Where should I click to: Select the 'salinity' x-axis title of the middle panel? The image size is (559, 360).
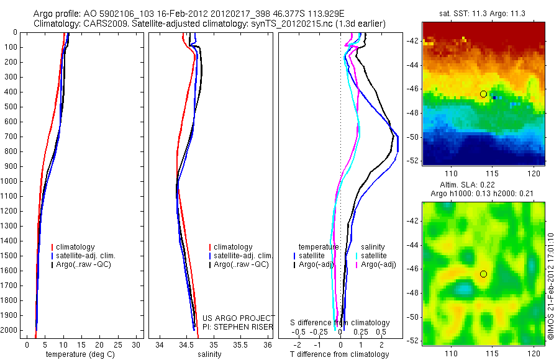209,354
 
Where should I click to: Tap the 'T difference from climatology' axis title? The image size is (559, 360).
339,354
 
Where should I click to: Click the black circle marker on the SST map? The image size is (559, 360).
483,94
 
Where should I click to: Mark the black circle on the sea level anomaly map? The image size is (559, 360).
483,274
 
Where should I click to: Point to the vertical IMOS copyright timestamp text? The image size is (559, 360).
551,273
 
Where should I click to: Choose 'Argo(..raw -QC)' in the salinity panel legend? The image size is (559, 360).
241,264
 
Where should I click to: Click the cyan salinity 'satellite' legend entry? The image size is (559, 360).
373,256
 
